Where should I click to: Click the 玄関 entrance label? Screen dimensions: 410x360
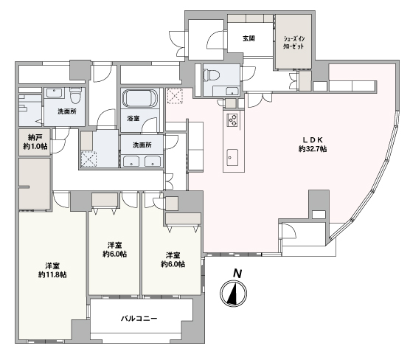(x=249, y=38)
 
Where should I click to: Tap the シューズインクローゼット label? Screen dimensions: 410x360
(x=294, y=43)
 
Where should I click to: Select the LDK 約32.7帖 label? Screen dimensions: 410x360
(x=313, y=144)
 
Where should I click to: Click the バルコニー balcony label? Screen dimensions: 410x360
(x=139, y=319)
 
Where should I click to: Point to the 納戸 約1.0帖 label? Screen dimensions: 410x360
(x=35, y=142)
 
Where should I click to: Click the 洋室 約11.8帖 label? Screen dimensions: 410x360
(x=52, y=270)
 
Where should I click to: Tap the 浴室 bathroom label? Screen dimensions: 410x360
(x=133, y=119)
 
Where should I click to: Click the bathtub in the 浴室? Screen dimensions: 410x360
(x=140, y=98)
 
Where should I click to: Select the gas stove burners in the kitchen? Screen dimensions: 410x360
(x=233, y=120)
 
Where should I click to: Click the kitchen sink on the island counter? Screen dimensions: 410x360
(x=232, y=157)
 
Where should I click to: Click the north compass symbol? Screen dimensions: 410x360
(x=234, y=293)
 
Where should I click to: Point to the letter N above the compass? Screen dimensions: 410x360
(x=237, y=274)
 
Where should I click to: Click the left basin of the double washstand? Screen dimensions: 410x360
(x=131, y=161)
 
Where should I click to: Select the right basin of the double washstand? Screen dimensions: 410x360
(x=153, y=161)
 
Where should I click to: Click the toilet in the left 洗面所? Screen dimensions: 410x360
(x=76, y=94)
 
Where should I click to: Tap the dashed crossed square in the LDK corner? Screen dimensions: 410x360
(x=175, y=96)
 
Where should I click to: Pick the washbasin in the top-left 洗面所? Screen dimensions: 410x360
(x=55, y=93)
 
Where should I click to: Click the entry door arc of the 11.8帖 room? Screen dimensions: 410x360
(x=61, y=200)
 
